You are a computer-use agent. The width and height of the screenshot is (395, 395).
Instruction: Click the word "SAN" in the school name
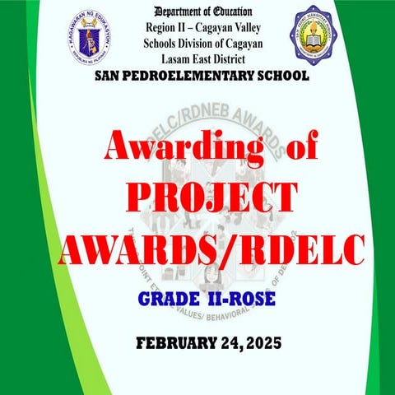click(x=109, y=76)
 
